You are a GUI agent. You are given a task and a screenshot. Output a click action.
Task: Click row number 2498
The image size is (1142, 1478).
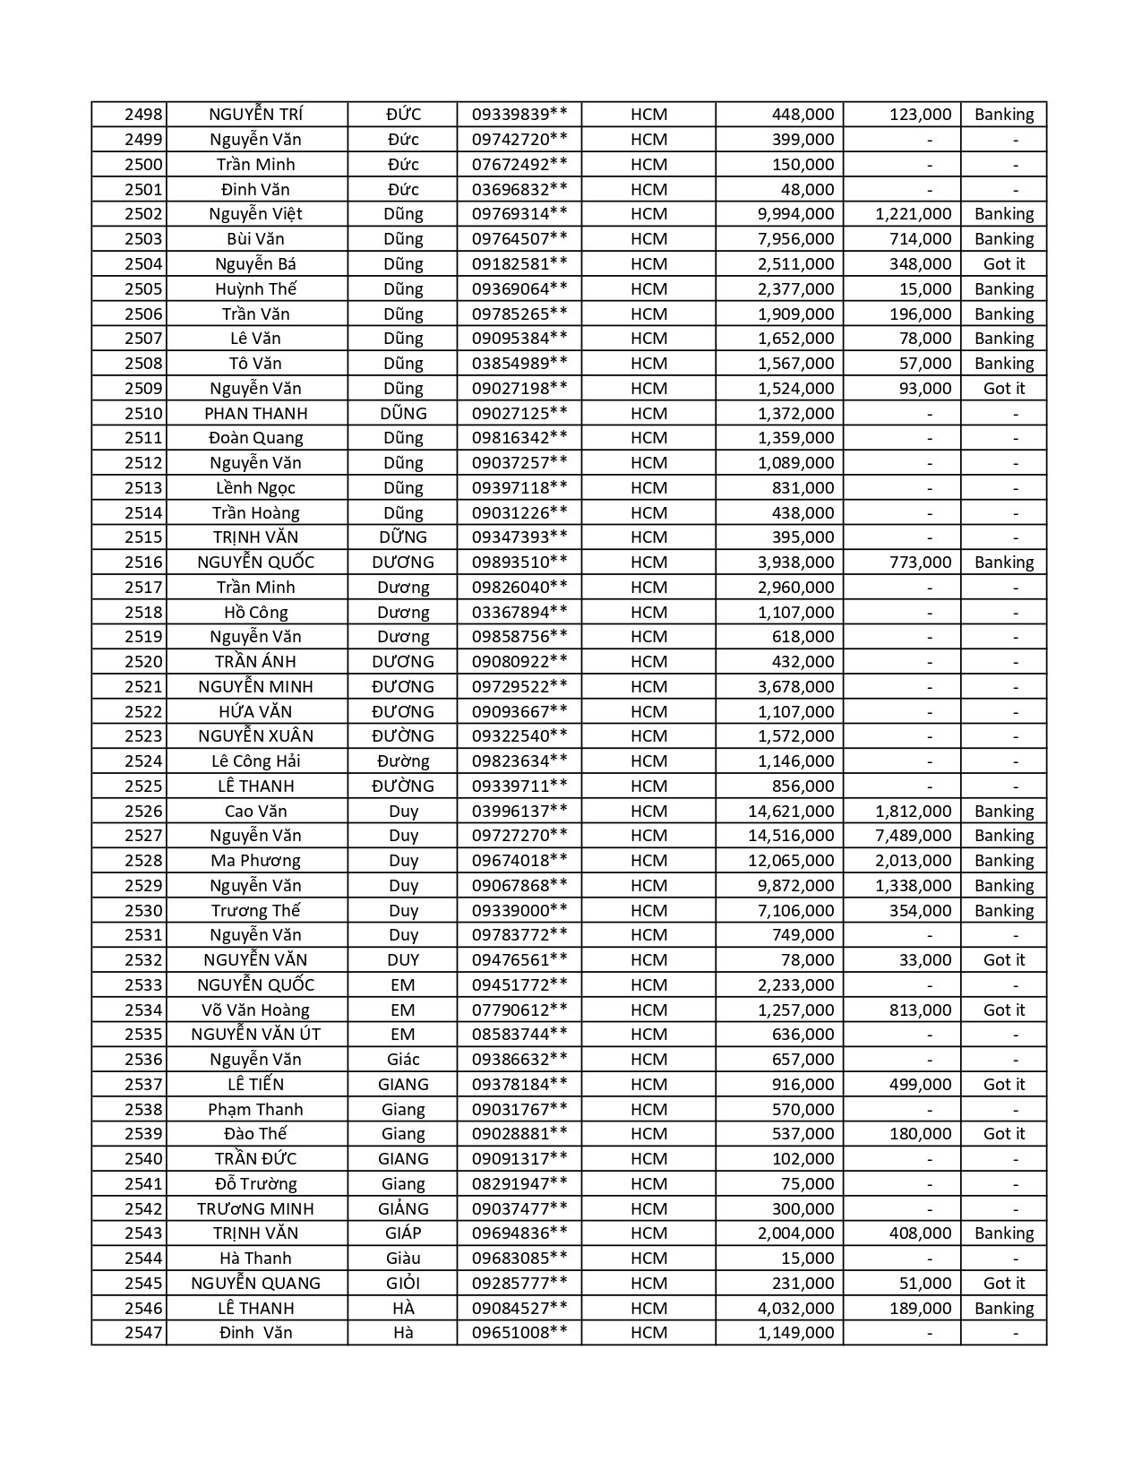[x=143, y=115]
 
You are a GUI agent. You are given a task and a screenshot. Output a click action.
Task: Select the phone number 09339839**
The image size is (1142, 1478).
[x=519, y=115]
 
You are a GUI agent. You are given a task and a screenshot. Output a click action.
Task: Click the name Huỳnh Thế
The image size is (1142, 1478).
[x=256, y=288]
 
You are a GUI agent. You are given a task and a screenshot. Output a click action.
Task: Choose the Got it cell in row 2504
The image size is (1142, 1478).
[x=1004, y=263]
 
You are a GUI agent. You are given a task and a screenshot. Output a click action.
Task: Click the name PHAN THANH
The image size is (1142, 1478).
[x=256, y=413]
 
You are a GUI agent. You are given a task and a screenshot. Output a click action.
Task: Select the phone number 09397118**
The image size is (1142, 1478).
[x=519, y=488]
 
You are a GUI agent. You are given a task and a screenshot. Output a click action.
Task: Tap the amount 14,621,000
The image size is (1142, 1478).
[x=791, y=812]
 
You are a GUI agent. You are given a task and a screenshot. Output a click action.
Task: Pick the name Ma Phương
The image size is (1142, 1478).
[x=256, y=861]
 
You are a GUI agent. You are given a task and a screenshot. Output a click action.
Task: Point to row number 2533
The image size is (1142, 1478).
[x=143, y=985]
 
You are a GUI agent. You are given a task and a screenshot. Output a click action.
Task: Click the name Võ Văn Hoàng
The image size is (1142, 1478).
[x=256, y=1010]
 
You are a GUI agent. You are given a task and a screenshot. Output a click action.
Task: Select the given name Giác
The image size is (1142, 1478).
[x=403, y=1060]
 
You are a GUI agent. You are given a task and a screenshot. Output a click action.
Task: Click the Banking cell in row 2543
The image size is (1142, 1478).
[x=1004, y=1233]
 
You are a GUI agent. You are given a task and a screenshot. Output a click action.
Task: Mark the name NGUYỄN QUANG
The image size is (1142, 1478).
[x=256, y=1284]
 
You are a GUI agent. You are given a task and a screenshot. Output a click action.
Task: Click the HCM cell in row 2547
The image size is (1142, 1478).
[x=648, y=1333]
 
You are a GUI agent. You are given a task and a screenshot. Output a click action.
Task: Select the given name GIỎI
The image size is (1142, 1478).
[x=403, y=1284]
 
